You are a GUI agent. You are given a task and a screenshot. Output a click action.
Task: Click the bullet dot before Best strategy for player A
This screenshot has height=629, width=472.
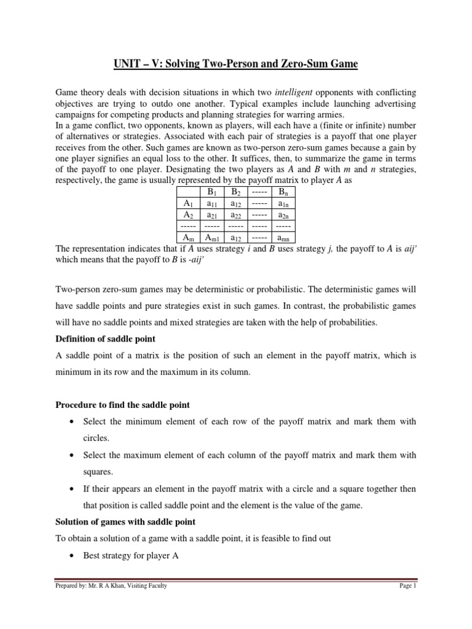tap(73, 557)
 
